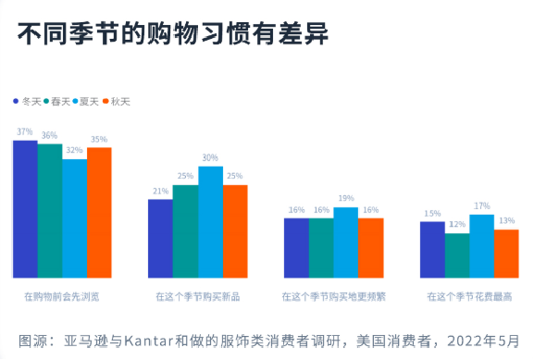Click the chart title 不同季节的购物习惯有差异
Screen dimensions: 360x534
point(172,35)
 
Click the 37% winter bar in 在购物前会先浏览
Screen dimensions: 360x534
point(25,208)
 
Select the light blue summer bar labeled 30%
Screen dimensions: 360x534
point(210,222)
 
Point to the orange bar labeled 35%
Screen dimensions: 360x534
point(99,212)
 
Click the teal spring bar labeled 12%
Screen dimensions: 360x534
point(456,255)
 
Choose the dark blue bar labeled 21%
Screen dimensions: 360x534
point(160,238)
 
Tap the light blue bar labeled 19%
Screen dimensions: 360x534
point(345,242)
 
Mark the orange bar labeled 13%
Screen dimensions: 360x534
point(505,254)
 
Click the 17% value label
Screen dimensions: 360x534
point(481,205)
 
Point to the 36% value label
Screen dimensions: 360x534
point(49,135)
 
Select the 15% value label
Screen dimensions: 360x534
point(431,214)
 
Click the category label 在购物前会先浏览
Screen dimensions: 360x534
point(62,297)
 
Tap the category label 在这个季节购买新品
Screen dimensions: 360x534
point(197,297)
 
